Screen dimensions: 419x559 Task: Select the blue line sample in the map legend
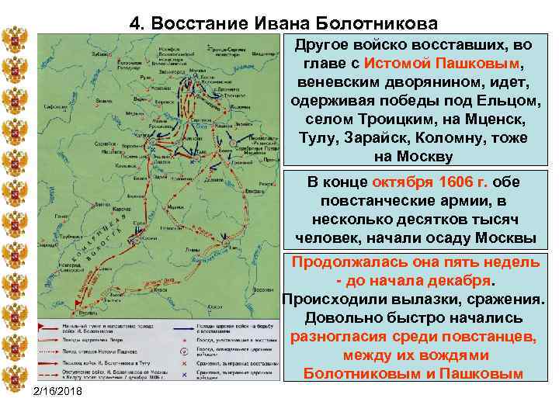click(186, 328)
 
